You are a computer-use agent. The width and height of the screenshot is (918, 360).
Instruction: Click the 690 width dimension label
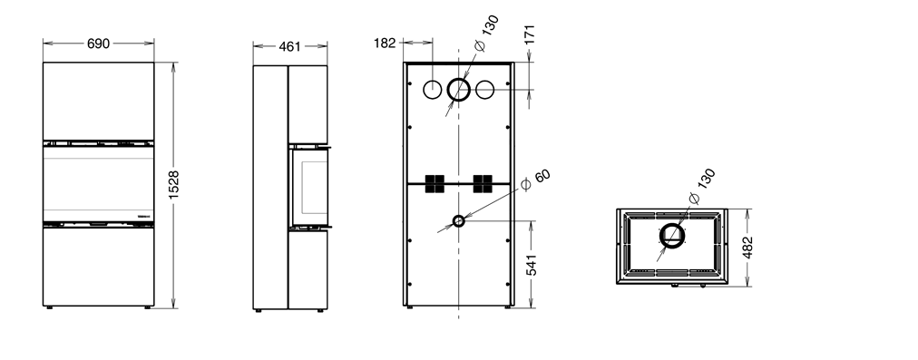coord(98,44)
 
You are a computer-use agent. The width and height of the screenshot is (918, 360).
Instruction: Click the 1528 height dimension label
coord(174,185)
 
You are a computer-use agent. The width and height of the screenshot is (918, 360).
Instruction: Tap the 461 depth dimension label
coord(289,46)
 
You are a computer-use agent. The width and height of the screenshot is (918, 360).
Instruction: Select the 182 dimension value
coord(385,44)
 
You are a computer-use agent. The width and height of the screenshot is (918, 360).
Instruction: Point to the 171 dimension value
coord(529,34)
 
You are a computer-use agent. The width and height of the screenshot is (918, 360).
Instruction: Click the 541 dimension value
coord(531,265)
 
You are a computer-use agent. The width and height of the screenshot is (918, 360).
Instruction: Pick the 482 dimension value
coord(747,247)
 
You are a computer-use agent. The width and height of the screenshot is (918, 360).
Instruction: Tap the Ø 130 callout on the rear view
coord(486,33)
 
